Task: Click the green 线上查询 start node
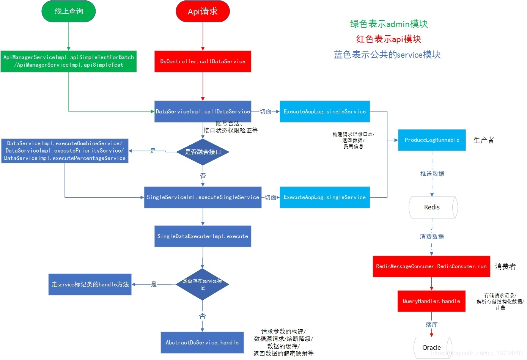68,11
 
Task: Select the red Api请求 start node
203,11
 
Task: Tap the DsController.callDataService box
203,61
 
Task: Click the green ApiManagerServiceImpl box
69,61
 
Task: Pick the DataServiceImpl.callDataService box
203,112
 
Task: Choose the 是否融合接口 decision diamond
203,152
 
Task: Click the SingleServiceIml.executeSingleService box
203,197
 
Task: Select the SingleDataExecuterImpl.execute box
203,236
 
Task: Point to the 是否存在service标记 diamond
202,284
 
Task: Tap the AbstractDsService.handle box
202,343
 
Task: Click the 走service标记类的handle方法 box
90,285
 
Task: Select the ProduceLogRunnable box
432,140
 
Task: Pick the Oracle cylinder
432,347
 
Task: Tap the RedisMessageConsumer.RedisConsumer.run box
431,266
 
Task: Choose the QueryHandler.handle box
431,301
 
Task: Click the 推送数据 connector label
432,173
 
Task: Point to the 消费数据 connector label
431,236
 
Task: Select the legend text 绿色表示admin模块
389,24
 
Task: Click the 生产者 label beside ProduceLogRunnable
483,140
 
